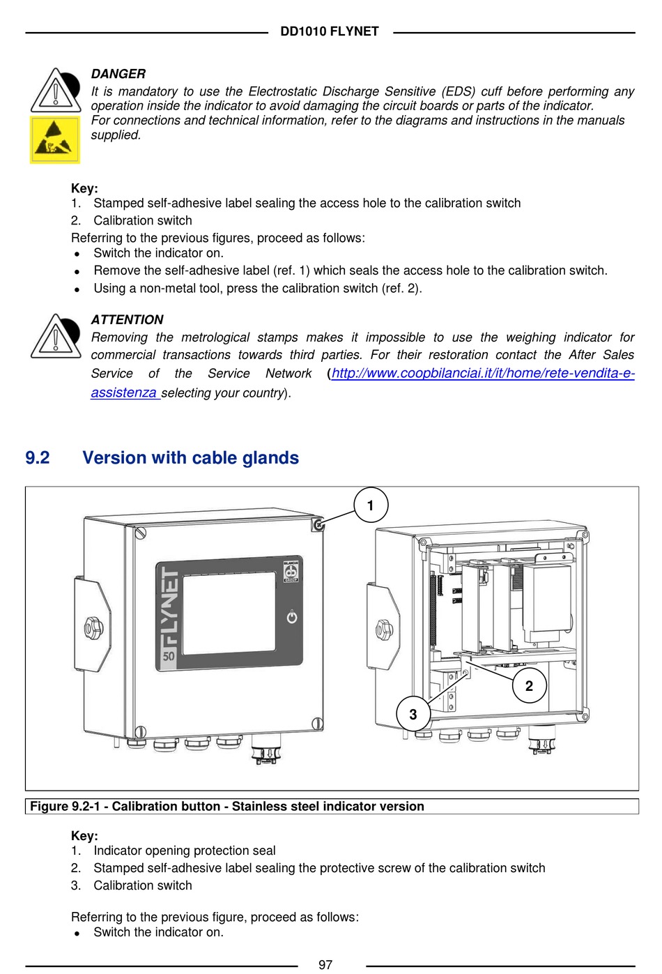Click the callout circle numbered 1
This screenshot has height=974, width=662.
point(370,505)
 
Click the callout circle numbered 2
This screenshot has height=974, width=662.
point(529,686)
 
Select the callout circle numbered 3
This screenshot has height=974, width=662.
point(413,714)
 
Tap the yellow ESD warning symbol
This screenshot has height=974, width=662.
point(55,139)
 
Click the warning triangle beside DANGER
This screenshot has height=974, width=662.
point(55,91)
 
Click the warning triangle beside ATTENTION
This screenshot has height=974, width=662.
point(55,337)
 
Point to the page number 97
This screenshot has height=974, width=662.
point(325,964)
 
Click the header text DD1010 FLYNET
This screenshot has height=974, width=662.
point(330,31)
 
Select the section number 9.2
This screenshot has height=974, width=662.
point(38,457)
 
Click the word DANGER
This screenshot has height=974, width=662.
point(118,74)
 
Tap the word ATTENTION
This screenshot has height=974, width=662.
point(127,320)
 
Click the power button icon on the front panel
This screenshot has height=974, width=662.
point(292,617)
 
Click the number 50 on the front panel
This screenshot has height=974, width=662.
point(169,655)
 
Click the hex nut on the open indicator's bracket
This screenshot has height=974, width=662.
point(384,630)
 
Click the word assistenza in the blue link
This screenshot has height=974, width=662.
point(123,393)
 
